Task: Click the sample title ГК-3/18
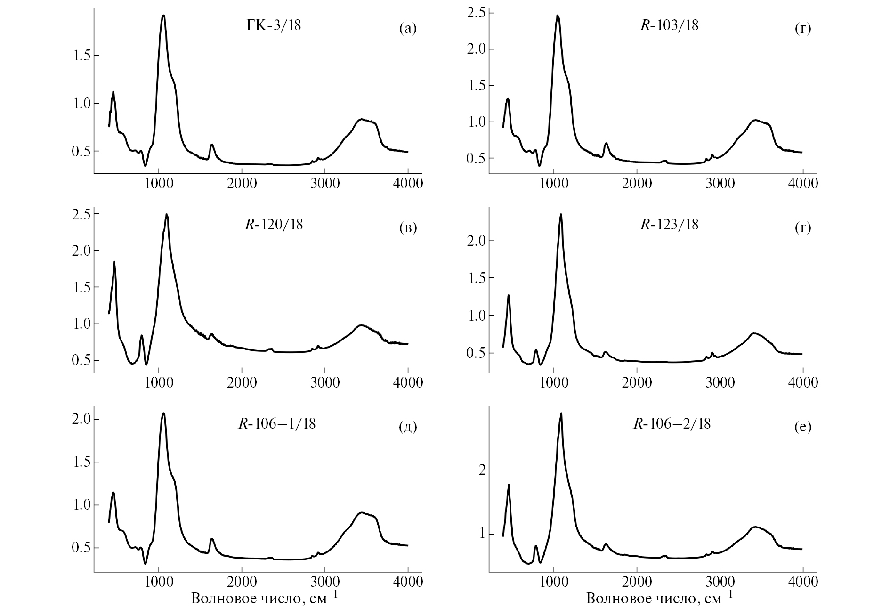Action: [x=274, y=25]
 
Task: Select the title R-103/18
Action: [x=669, y=25]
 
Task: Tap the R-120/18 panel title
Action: [x=274, y=225]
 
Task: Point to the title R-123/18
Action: [x=669, y=225]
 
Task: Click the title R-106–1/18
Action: [x=277, y=424]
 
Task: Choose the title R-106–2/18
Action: [x=672, y=424]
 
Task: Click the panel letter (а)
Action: [x=408, y=29]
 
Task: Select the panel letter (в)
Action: [x=408, y=228]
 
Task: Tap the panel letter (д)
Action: [x=408, y=427]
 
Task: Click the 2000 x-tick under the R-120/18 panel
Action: [x=242, y=382]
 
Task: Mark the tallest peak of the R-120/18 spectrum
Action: [x=166, y=215]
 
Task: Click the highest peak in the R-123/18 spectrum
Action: [x=561, y=214]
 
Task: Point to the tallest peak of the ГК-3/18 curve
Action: [x=163, y=16]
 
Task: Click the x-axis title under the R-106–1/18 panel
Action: [x=264, y=598]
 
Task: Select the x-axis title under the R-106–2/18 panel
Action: [x=659, y=598]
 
